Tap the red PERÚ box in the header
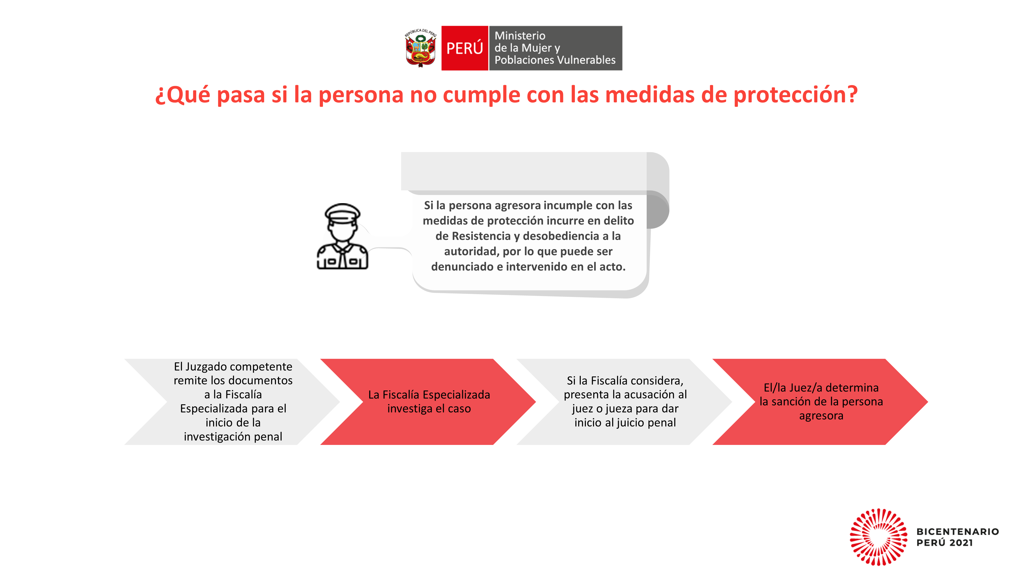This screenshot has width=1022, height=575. [x=464, y=48]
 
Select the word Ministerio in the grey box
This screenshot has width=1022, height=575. [x=520, y=36]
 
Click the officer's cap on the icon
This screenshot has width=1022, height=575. [x=342, y=212]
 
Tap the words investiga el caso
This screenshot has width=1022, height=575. [x=429, y=409]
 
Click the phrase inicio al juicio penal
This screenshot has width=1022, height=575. [x=625, y=423]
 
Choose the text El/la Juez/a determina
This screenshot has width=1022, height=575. [x=821, y=387]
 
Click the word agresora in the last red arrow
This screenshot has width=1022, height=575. [x=821, y=416]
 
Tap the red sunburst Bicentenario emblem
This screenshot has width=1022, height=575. [x=878, y=537]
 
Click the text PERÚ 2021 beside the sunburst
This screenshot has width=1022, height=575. [x=944, y=543]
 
